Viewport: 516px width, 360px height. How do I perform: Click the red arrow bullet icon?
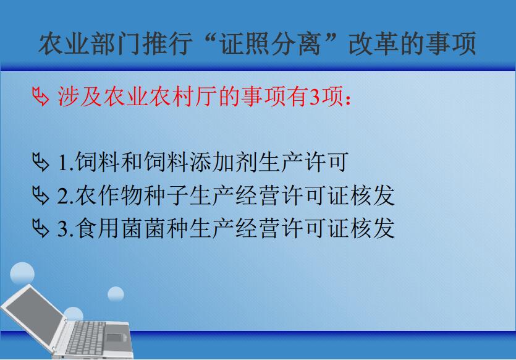click(x=41, y=96)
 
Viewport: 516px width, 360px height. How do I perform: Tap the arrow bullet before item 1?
click(x=41, y=162)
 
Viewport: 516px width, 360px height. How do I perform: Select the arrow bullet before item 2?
click(x=41, y=195)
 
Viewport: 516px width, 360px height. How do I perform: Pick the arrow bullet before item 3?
click(x=41, y=228)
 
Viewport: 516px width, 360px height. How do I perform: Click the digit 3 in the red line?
click(x=315, y=97)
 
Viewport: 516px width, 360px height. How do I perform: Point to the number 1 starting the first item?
click(x=62, y=163)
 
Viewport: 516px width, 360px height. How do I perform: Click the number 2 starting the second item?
click(x=63, y=195)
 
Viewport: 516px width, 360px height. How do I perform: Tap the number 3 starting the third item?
click(x=63, y=228)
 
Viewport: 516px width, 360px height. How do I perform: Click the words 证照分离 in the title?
click(x=271, y=43)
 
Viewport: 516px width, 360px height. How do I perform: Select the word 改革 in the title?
click(x=374, y=43)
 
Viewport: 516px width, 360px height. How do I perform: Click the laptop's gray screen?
click(x=34, y=316)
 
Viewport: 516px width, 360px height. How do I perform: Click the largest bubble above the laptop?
click(x=22, y=274)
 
